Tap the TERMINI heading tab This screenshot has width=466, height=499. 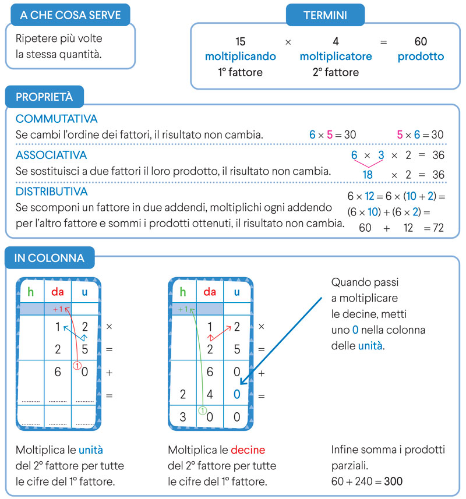(325, 15)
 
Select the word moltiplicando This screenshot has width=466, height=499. (241, 56)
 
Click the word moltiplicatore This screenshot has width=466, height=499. (336, 56)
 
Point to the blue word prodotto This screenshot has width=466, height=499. (421, 56)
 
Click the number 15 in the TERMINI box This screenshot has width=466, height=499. (241, 41)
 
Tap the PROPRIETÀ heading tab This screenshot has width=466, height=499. (44, 96)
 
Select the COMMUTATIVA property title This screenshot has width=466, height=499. (57, 119)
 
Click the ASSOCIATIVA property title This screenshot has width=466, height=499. (51, 155)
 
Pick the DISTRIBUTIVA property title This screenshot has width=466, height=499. (52, 192)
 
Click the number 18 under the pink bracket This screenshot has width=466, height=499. (368, 175)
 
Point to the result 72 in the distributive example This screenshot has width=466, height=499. (437, 228)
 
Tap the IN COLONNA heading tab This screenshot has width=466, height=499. (50, 257)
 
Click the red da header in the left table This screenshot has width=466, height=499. (57, 292)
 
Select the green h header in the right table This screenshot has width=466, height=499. (183, 292)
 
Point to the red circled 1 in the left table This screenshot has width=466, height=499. (76, 366)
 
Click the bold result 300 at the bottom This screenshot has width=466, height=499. (393, 482)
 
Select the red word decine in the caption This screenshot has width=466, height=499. (249, 450)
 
